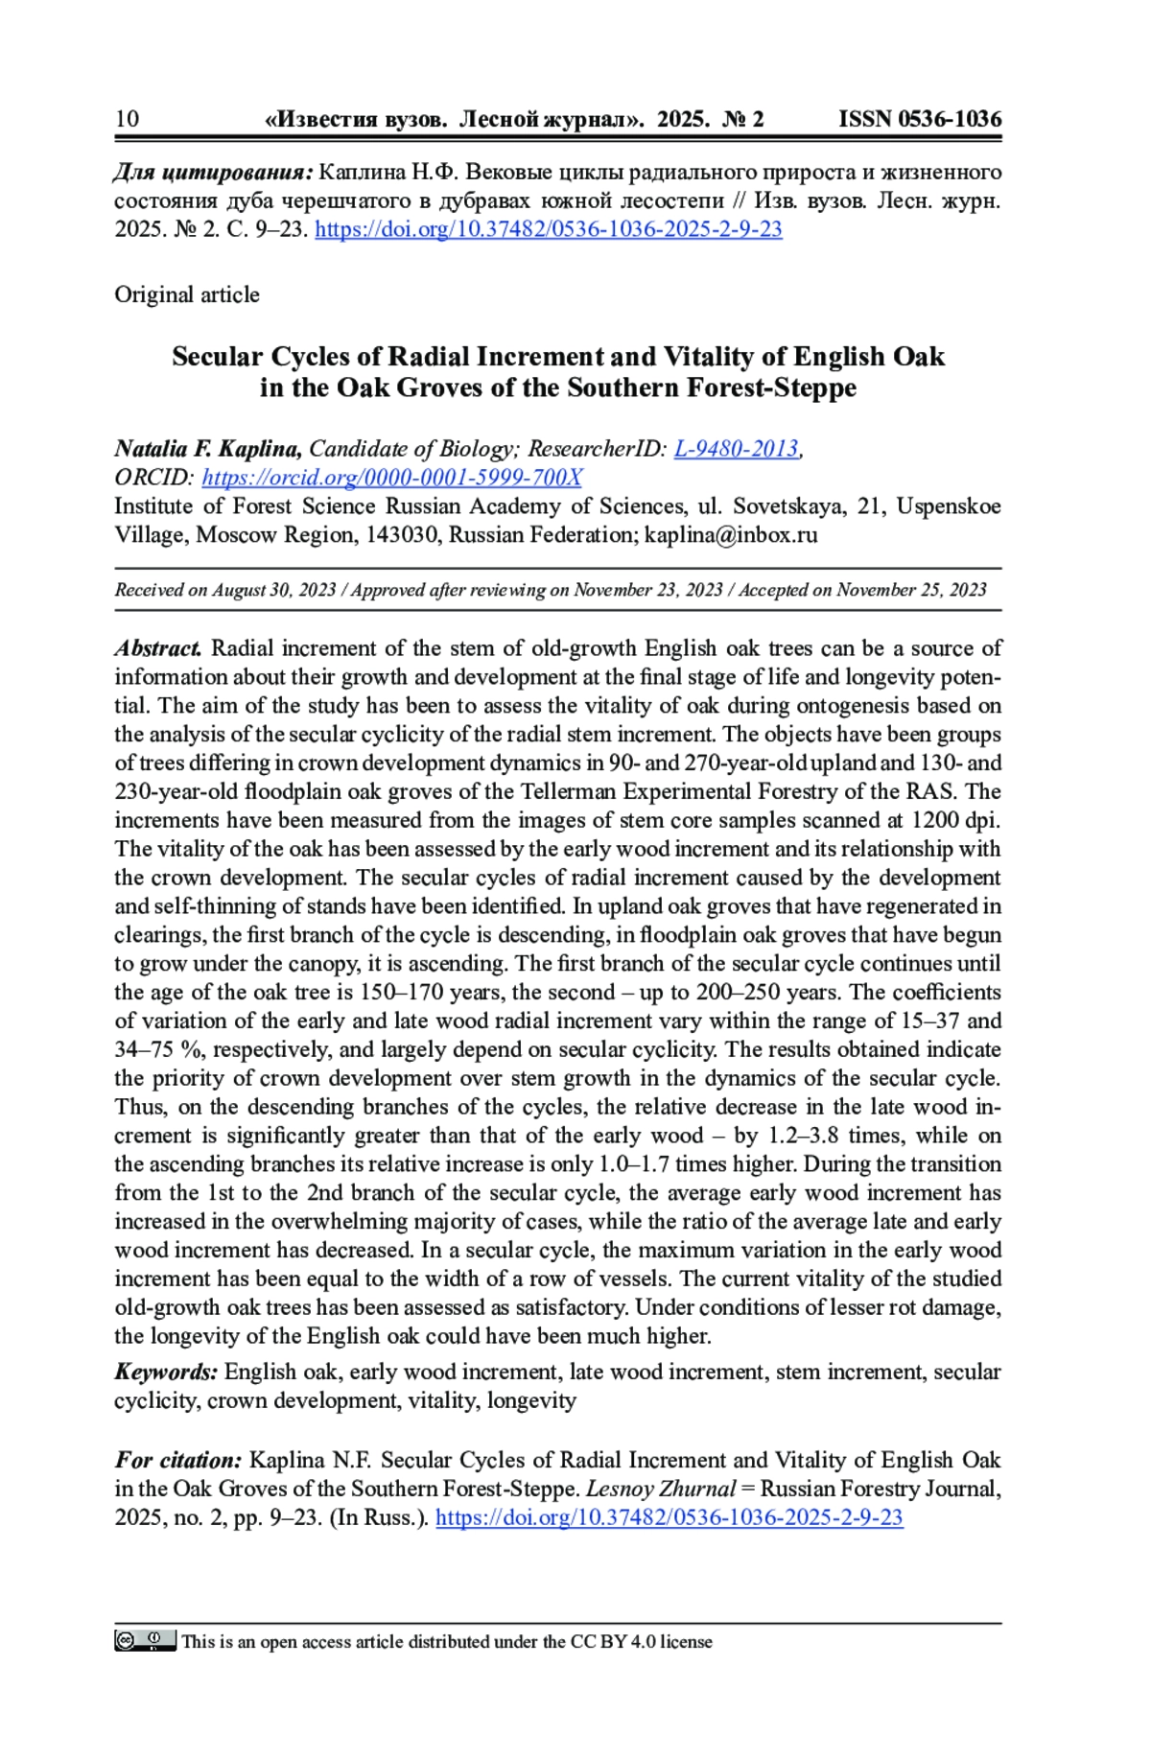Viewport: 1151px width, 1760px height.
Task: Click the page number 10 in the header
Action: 127,119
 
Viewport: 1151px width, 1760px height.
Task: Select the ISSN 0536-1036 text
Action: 919,119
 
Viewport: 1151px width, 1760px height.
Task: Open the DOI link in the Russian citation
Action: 548,229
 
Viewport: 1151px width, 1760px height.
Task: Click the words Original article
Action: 187,294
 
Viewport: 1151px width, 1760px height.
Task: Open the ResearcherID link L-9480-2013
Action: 736,449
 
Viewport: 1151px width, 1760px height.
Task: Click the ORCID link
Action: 391,478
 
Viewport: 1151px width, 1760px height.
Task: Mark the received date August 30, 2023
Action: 273,590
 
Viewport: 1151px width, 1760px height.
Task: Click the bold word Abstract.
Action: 158,648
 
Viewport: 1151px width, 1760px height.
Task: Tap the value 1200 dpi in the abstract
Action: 955,820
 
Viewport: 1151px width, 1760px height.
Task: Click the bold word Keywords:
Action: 166,1372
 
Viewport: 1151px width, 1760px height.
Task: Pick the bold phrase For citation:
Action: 178,1460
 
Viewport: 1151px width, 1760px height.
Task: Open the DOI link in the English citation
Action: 669,1517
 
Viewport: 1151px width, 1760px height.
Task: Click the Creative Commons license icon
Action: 145,1641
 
